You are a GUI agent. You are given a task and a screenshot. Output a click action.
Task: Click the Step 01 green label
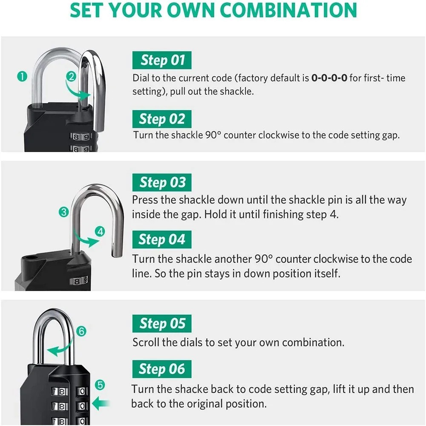click(x=162, y=60)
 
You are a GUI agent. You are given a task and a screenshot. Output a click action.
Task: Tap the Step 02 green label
click(x=162, y=119)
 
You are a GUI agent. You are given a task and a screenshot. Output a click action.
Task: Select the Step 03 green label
click(x=162, y=183)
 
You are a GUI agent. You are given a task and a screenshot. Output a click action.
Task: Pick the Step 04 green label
click(x=162, y=239)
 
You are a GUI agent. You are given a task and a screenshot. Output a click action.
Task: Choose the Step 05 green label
click(x=162, y=324)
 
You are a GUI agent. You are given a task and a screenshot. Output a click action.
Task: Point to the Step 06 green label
click(x=162, y=369)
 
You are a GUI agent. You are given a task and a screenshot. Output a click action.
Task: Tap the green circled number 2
click(x=71, y=77)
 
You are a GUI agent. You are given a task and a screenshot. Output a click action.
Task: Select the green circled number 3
click(x=63, y=212)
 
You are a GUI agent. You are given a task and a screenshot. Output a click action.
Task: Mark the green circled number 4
click(x=100, y=232)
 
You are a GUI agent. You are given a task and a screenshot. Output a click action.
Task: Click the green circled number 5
click(x=100, y=385)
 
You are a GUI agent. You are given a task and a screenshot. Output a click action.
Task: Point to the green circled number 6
click(x=82, y=331)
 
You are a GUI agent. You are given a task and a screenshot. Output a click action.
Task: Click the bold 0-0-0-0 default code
click(x=329, y=78)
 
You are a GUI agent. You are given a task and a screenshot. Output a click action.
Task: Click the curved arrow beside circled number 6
click(x=60, y=348)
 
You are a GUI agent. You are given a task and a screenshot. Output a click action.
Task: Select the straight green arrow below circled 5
click(x=101, y=403)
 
